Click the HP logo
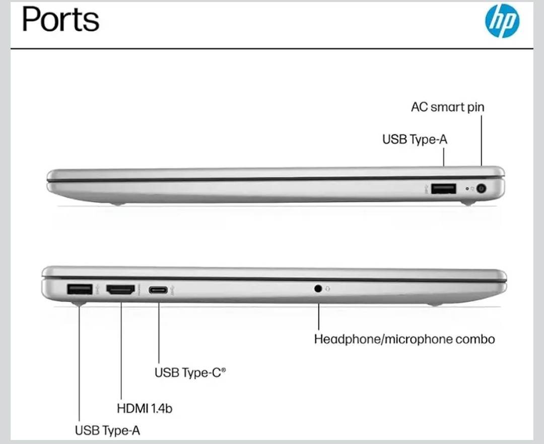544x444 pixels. point(502,21)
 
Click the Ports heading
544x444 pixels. point(61,19)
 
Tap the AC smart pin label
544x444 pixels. point(448,107)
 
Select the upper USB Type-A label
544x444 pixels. point(415,139)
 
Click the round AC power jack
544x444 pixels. point(481,189)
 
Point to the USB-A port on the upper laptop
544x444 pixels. point(444,189)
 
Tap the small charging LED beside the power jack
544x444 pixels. point(467,189)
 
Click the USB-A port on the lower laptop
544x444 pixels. point(80,289)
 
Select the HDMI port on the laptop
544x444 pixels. point(120,290)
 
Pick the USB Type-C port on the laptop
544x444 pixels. point(158,290)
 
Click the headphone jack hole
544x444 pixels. point(318,288)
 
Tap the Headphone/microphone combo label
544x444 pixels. point(404,339)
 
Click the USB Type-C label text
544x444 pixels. point(190,373)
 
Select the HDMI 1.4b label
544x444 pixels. point(145,408)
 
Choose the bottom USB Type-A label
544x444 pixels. point(108,430)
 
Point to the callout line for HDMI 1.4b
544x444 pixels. point(121,351)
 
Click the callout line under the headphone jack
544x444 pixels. point(319,317)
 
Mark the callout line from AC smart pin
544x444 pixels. point(482,140)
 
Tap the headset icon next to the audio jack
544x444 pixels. point(328,288)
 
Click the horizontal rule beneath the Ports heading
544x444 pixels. point(272,49)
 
